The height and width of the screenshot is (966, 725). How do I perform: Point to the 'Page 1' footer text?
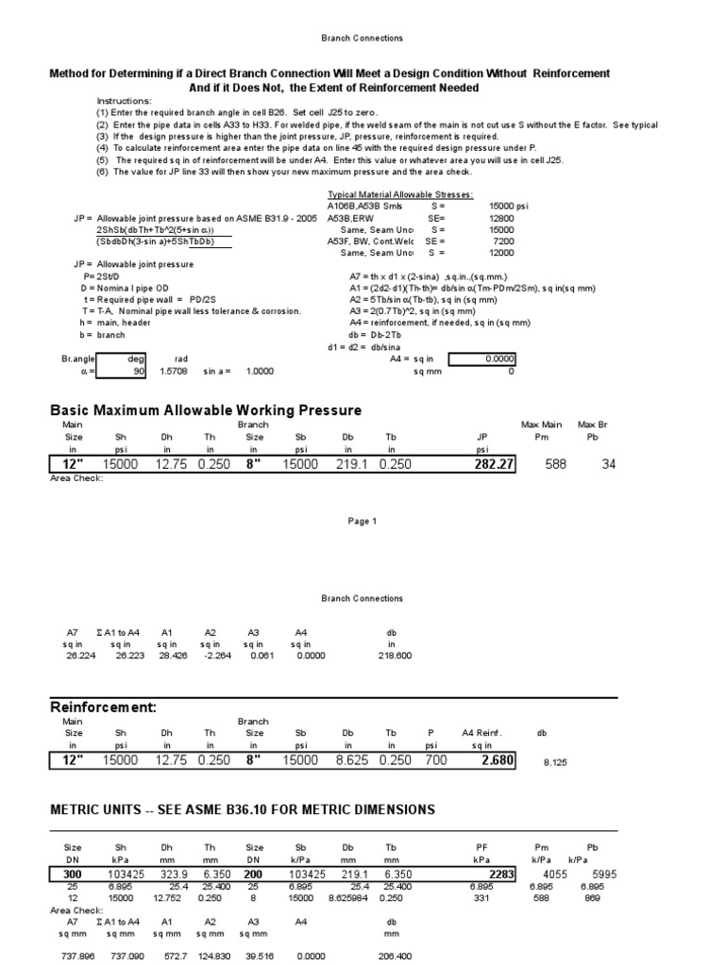click(362, 521)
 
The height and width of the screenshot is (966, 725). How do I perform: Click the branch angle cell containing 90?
click(124, 372)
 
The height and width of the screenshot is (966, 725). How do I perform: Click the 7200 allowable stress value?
click(501, 241)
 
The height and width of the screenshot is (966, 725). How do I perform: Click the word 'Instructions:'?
click(123, 100)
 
